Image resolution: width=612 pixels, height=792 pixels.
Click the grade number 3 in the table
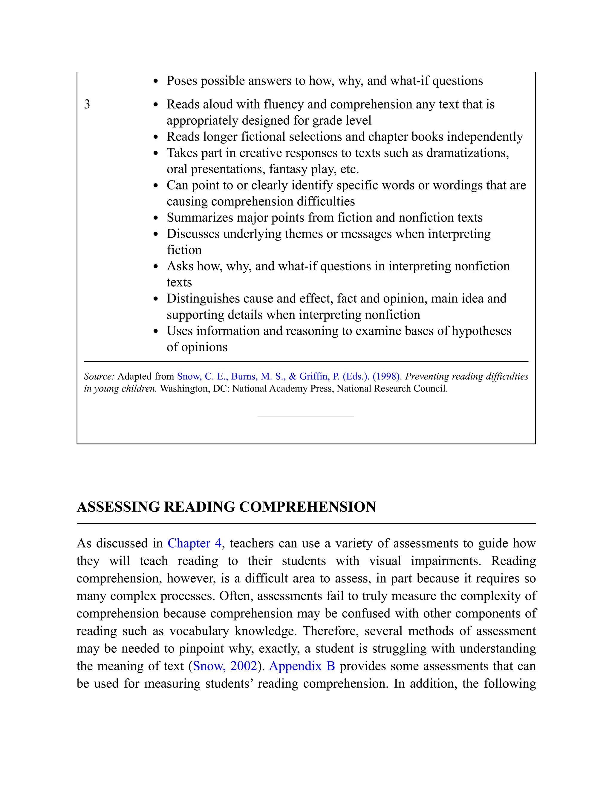pyautogui.click(x=87, y=104)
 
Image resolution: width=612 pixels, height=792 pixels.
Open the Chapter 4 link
pyautogui.click(x=194, y=543)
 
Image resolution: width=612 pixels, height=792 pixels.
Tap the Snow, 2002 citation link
pyautogui.click(x=225, y=666)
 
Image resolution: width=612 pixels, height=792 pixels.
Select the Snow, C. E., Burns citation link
pyautogui.click(x=288, y=376)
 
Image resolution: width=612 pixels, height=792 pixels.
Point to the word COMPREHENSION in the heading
pyautogui.click(x=307, y=507)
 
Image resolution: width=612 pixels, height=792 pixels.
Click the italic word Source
pyautogui.click(x=99, y=376)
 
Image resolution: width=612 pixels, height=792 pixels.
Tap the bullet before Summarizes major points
pyautogui.click(x=156, y=218)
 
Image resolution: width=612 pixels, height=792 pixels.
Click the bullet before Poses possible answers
pyautogui.click(x=156, y=81)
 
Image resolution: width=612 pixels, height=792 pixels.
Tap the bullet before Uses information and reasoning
pyautogui.click(x=156, y=331)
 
